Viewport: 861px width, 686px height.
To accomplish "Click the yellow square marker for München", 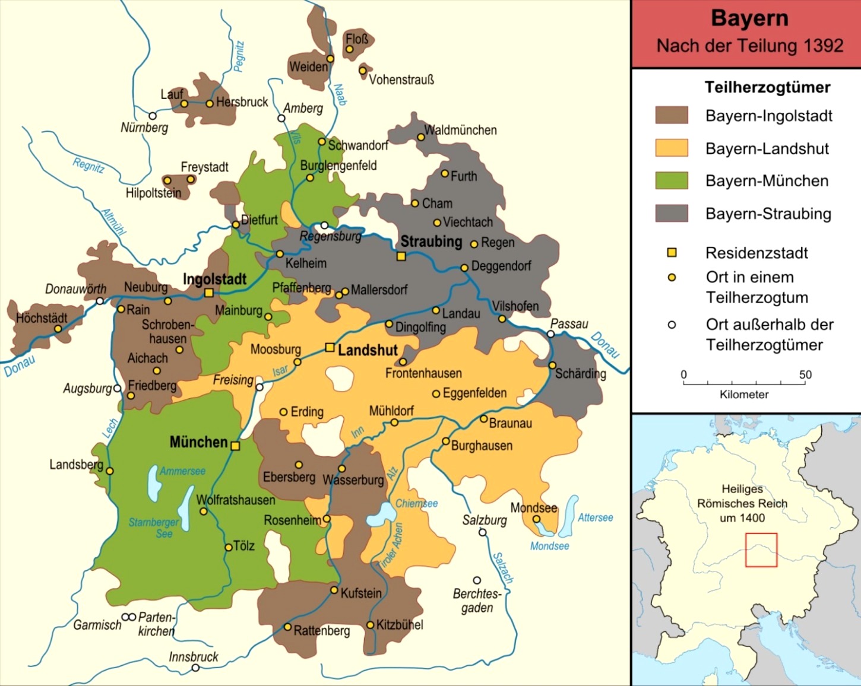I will pos(235,446).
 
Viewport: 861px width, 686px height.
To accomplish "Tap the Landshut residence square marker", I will pos(330,347).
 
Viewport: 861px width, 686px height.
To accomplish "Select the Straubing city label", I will pos(430,242).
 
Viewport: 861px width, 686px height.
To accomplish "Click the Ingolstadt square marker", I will pos(209,293).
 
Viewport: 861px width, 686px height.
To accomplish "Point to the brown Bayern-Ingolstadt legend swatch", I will pos(672,115).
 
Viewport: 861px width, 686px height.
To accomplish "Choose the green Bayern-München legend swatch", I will pos(672,180).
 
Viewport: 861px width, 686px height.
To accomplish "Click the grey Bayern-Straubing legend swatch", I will pos(672,213).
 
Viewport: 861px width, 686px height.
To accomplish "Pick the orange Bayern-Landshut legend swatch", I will pos(672,148).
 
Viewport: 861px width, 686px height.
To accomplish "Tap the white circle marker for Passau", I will pos(550,334).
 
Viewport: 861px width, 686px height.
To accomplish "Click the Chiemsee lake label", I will pos(416,503).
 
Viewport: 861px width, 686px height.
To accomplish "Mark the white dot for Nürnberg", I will pos(153,116).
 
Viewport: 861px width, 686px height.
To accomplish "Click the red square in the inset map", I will pos(761,550).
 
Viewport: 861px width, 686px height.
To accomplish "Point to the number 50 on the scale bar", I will pos(805,374).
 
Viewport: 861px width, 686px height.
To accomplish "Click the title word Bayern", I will pos(749,18).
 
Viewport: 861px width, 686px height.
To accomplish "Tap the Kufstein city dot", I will pos(334,590).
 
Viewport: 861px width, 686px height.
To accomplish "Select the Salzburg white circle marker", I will pos(482,532).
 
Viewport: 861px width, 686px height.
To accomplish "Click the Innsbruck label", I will pos(193,656).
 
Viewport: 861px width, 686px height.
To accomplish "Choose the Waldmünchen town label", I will pos(460,130).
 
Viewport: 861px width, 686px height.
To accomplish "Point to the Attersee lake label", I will pos(595,517).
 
